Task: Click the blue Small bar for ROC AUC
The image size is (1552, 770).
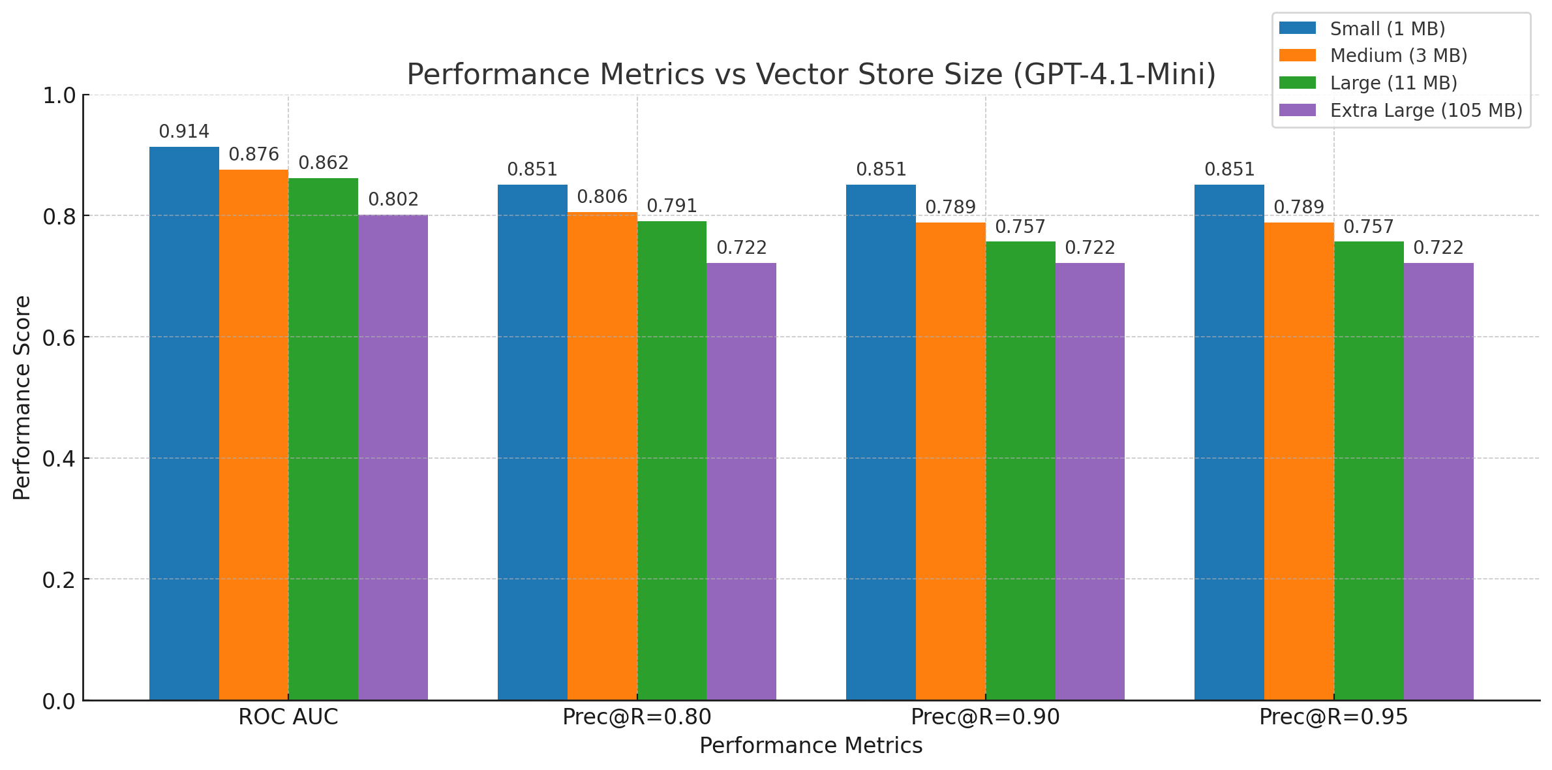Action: click(x=184, y=424)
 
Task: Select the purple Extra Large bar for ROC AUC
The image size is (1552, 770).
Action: click(x=393, y=457)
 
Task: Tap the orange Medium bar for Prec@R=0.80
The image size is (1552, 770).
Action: click(x=602, y=457)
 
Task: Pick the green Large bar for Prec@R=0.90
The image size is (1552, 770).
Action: click(x=1020, y=470)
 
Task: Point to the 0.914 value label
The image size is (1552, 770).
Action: click(x=184, y=132)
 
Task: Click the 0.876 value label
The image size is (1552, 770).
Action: click(x=254, y=155)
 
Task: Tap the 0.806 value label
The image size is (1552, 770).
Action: click(x=602, y=197)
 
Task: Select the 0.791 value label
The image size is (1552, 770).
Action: click(x=672, y=206)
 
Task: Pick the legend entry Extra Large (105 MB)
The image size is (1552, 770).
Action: click(x=1426, y=110)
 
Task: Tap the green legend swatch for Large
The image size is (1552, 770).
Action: click(x=1298, y=83)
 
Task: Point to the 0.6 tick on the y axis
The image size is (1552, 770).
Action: click(x=59, y=338)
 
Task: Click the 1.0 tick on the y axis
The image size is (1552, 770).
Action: click(x=59, y=96)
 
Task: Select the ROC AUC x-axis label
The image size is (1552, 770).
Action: click(x=288, y=717)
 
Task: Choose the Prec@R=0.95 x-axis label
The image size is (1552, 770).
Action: click(x=1333, y=717)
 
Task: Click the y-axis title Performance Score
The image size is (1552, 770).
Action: click(x=22, y=398)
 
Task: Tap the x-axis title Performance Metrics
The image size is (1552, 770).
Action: click(x=811, y=746)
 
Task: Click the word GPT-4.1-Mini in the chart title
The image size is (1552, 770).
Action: click(x=1114, y=74)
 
